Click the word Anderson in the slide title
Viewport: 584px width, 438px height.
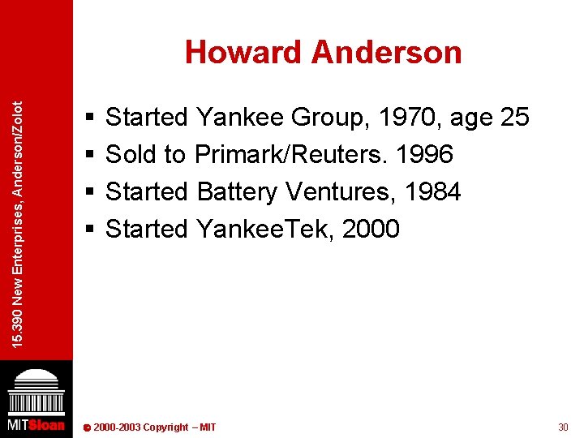(386, 53)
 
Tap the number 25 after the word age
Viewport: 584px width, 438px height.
(515, 118)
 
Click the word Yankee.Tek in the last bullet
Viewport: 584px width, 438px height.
(264, 230)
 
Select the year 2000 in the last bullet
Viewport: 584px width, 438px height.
(371, 230)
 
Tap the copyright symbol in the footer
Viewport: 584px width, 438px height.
(87, 428)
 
